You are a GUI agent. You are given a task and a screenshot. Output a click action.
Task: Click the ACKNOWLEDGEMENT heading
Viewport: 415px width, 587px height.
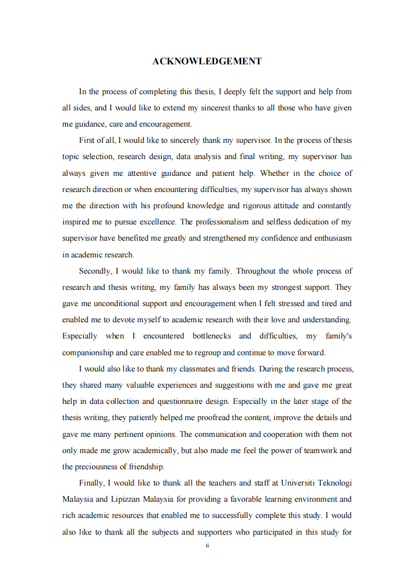click(x=207, y=61)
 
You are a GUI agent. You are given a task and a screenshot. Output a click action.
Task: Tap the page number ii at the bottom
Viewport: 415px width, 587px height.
click(x=207, y=545)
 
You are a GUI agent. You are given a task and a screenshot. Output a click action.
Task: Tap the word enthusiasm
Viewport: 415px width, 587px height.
click(x=332, y=238)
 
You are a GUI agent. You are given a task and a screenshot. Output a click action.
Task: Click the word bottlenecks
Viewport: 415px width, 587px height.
click(x=211, y=336)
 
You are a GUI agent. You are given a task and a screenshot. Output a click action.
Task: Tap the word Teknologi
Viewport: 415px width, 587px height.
click(x=334, y=482)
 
